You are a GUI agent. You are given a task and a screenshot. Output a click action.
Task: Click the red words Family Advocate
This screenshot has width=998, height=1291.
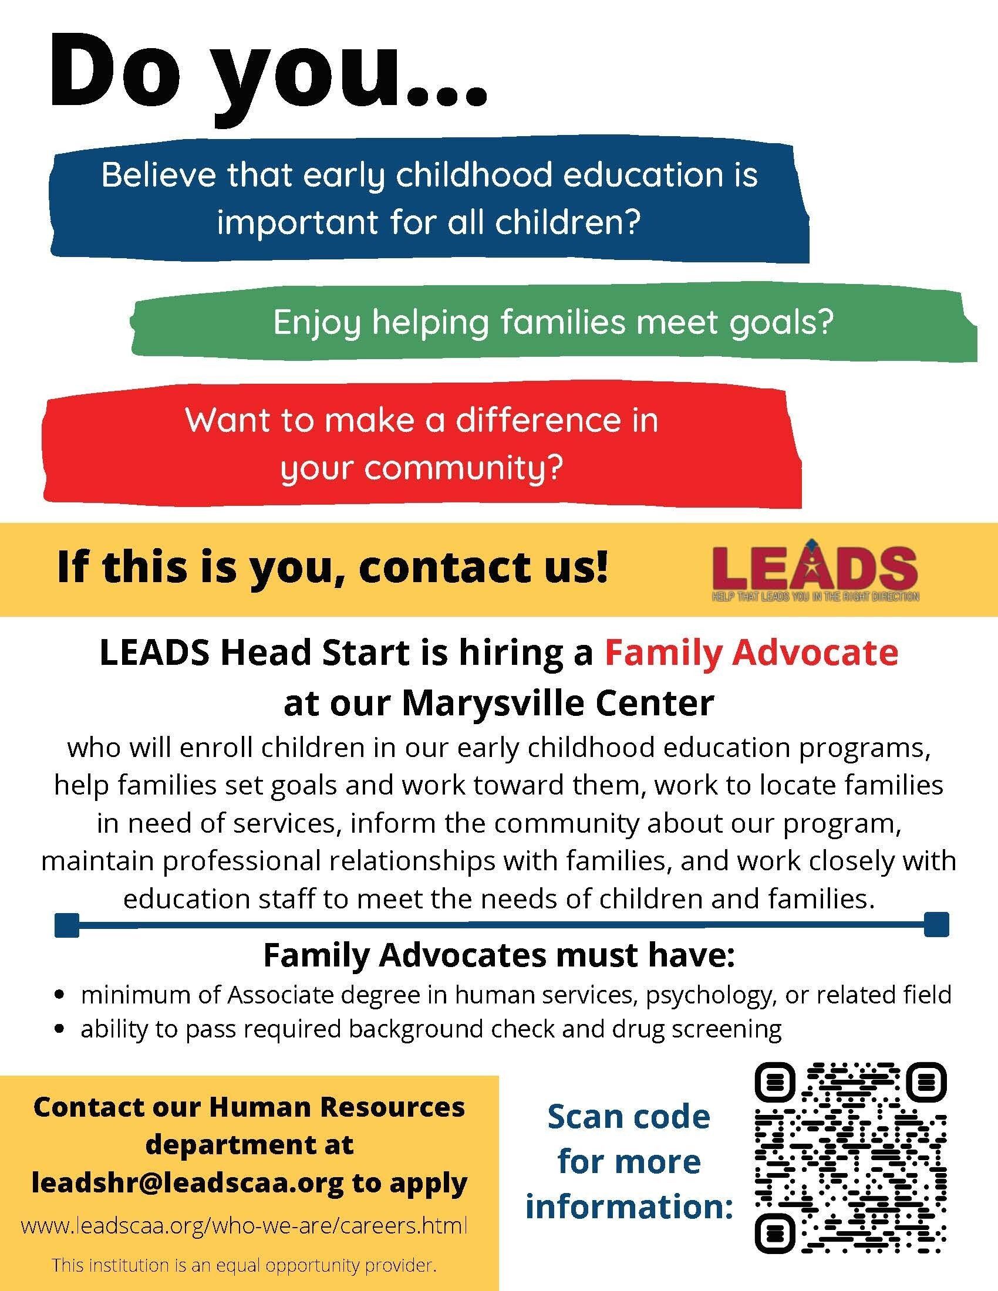(751, 653)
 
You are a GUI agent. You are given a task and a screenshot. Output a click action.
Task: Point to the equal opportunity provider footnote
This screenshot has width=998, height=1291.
(244, 1265)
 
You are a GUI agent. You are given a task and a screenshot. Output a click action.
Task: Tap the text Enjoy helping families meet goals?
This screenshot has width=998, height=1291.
(553, 323)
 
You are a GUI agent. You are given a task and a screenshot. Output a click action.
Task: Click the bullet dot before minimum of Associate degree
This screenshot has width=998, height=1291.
(59, 995)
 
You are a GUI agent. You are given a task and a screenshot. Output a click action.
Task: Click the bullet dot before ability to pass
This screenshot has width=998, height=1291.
(59, 1029)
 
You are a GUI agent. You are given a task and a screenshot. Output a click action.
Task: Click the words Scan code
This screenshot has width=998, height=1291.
(629, 1117)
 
